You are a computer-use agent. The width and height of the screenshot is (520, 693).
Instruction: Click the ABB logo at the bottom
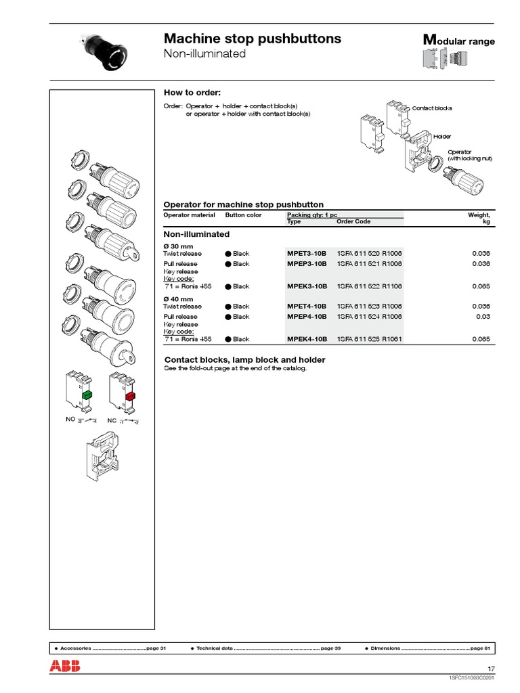(x=64, y=666)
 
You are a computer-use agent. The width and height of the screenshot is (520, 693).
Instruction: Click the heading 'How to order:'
(x=192, y=93)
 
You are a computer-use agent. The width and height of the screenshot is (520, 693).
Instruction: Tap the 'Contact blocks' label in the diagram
(x=431, y=108)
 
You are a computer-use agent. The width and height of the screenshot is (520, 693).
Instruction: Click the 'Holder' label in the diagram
(x=442, y=137)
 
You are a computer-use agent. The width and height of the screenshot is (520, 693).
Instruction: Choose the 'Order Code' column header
(x=353, y=221)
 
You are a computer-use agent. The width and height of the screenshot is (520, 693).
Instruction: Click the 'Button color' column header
(x=243, y=215)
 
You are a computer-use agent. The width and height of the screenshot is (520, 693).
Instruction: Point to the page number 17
(x=491, y=669)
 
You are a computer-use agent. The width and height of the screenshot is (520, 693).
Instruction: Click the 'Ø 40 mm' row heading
(x=178, y=298)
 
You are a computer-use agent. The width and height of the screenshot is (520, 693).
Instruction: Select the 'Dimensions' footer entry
(x=385, y=648)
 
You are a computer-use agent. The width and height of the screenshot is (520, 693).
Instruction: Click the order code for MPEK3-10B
(x=369, y=286)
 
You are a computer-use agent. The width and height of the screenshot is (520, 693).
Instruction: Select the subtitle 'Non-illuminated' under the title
(x=205, y=53)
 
